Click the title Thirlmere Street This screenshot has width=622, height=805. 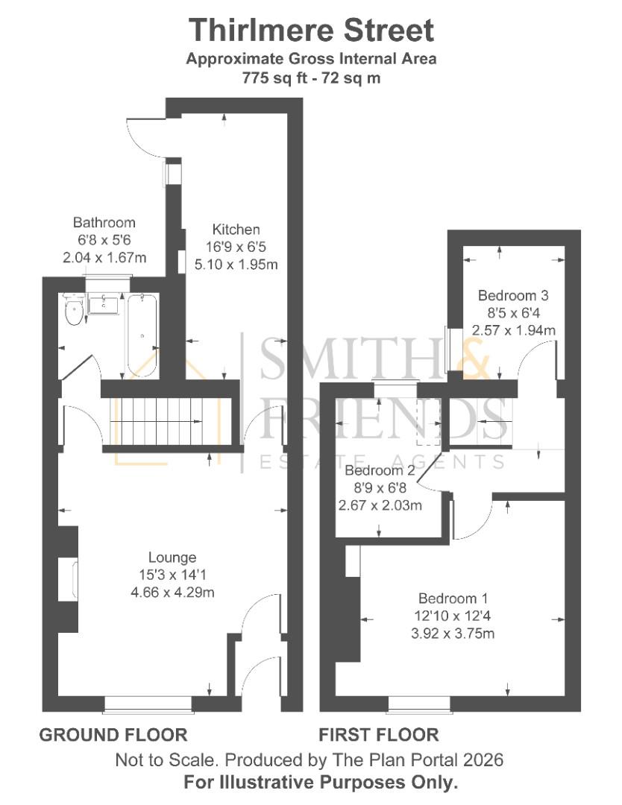click(310, 31)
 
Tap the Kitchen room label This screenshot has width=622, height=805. click(236, 229)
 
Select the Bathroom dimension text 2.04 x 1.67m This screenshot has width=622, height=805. click(104, 257)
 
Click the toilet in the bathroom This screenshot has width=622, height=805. click(73, 314)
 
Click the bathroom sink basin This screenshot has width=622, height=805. click(104, 303)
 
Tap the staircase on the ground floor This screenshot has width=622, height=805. click(171, 421)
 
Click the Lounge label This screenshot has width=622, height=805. click(172, 557)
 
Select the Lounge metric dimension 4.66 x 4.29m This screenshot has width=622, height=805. click(172, 593)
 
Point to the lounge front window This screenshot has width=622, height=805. click(147, 702)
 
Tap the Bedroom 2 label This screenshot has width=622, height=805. click(380, 471)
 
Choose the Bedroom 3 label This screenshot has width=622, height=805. click(513, 294)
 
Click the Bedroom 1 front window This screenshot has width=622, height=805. click(418, 702)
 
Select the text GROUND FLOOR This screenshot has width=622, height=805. click(113, 735)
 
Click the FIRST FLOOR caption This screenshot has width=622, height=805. click(379, 735)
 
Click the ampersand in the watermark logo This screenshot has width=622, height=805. click(471, 356)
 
